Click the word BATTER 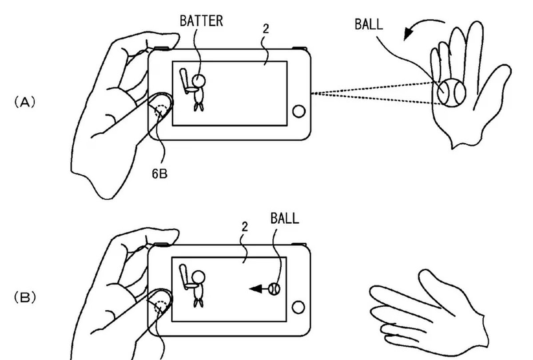(x=201, y=21)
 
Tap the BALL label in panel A (x=368, y=24)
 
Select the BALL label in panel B (x=284, y=218)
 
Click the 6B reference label (x=159, y=174)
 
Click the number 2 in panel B (x=244, y=226)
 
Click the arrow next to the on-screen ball (x=258, y=289)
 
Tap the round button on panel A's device (x=299, y=111)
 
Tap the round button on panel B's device (x=299, y=307)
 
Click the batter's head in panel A (x=199, y=80)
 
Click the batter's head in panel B (x=199, y=277)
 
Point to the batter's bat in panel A (x=183, y=79)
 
